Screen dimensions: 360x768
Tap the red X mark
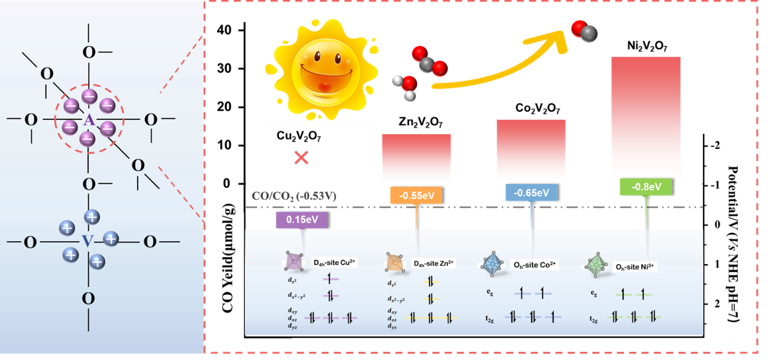click(302, 157)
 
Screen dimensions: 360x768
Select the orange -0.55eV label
click(416, 194)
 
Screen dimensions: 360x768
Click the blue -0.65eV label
click(532, 193)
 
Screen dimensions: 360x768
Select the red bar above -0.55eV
click(416, 156)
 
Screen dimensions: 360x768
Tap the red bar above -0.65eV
click(531, 149)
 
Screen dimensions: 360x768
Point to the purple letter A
click(88, 120)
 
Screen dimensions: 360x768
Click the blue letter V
click(88, 241)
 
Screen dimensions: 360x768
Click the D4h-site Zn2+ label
click(434, 263)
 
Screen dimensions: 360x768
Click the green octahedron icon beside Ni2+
click(596, 264)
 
